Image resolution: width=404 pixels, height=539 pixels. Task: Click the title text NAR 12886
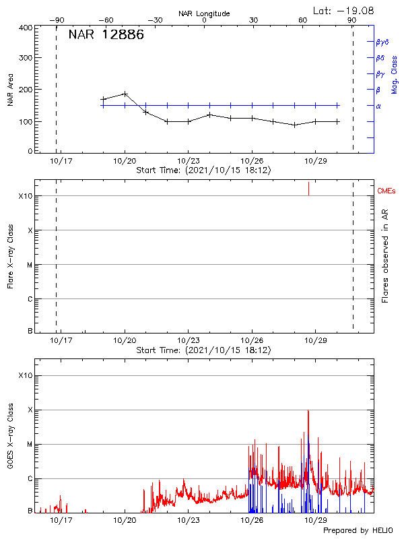tap(106, 36)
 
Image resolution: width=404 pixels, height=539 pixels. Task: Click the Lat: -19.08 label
tap(344, 10)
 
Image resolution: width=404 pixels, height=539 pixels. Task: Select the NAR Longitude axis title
tap(204, 13)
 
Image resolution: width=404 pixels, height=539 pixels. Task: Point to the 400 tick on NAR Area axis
tap(25, 28)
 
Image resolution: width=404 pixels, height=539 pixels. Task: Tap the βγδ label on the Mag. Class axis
tap(382, 42)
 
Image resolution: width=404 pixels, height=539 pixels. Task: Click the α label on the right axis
tap(378, 106)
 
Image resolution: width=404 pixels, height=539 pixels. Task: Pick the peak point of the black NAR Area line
tap(125, 94)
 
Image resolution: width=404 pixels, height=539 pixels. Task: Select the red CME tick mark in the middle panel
tap(308, 188)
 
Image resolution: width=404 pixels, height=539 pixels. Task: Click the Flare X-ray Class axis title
tap(10, 256)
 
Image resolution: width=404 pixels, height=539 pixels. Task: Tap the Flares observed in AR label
tap(386, 256)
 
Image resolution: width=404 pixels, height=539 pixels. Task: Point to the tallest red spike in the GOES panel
tap(308, 411)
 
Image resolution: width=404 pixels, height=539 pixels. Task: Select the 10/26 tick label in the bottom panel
tap(252, 520)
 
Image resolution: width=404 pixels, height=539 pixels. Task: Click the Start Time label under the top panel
tap(203, 171)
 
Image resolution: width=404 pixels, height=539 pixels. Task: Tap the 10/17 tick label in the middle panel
tap(61, 341)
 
